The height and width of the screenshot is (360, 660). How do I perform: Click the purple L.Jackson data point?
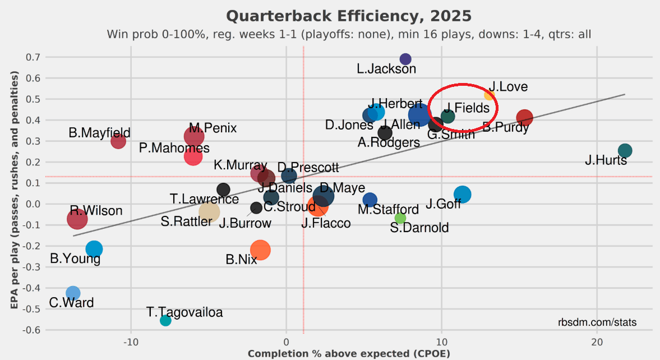[405, 59]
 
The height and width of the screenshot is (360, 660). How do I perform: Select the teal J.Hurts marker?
[625, 150]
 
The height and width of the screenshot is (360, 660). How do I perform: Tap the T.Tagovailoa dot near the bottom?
[165, 320]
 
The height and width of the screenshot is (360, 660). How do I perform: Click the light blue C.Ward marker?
[72, 293]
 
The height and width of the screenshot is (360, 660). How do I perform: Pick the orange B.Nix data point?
[260, 250]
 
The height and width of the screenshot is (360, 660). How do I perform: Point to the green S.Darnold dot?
[400, 218]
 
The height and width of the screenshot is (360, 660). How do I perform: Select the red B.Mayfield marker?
[118, 141]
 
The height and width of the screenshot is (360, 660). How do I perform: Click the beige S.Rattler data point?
[209, 212]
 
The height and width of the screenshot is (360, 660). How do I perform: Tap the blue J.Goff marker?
[463, 194]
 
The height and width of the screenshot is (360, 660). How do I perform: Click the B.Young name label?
[75, 259]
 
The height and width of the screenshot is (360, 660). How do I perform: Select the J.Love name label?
[507, 87]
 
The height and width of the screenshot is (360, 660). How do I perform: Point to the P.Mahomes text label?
[174, 148]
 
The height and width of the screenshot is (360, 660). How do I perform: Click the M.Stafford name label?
[388, 210]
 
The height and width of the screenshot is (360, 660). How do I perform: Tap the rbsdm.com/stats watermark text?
[597, 322]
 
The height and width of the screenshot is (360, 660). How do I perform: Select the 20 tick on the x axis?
[597, 342]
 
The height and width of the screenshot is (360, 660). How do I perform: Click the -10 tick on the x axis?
[131, 342]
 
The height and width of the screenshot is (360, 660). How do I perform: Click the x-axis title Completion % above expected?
[349, 354]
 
